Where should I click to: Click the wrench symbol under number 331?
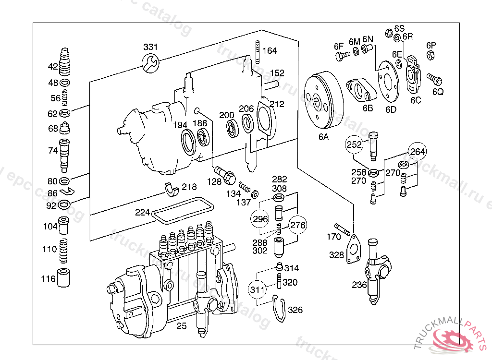click(x=150, y=62)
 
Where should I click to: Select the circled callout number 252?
click(x=355, y=144)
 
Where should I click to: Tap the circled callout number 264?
click(x=418, y=152)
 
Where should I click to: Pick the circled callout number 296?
click(x=259, y=219)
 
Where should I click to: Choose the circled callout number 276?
click(x=297, y=225)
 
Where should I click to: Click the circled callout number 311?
click(x=258, y=289)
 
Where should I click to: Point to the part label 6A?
click(x=323, y=137)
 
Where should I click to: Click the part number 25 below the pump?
click(x=181, y=326)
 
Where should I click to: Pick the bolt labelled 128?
click(x=224, y=175)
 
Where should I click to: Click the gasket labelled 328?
click(x=354, y=249)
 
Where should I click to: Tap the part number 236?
click(x=359, y=285)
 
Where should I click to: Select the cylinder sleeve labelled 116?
click(x=64, y=278)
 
